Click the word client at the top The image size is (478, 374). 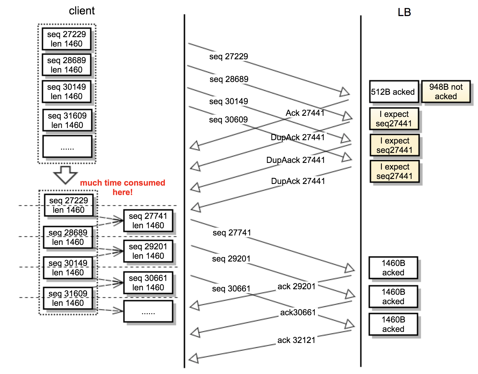pos(82,11)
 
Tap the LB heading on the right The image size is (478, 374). pos(404,12)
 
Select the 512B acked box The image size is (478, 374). pos(394,92)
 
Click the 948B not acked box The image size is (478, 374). pos(446,91)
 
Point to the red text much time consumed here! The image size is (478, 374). pos(122,187)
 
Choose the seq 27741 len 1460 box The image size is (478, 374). pos(148,221)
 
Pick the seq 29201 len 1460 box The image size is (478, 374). pos(148,251)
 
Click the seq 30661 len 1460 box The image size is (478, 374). pos(148,283)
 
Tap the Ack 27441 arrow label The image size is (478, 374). pos(305,113)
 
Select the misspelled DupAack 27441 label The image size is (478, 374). pos(295,160)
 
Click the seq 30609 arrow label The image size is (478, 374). pos(228,120)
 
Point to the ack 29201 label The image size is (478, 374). pos(296,286)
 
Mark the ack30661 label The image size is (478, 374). pos(298,312)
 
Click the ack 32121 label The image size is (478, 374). pos(296,340)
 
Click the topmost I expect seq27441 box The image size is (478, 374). pos(394,119)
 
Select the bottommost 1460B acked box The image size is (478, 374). pos(393,324)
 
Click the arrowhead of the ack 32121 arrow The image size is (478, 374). pos(194,358)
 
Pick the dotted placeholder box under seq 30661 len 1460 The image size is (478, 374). pos(148,311)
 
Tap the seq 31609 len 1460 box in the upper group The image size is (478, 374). pos(67,120)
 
